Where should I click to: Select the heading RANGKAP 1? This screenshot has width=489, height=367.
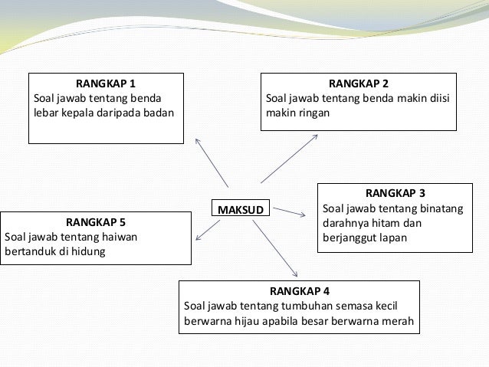pyautogui.click(x=106, y=84)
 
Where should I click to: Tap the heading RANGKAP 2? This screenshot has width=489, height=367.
pyautogui.click(x=359, y=84)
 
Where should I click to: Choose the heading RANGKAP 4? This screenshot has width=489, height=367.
pyautogui.click(x=300, y=291)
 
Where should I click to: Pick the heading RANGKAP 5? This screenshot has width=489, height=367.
pyautogui.click(x=96, y=221)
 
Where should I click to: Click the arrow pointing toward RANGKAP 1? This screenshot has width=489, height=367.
pyautogui.click(x=212, y=162)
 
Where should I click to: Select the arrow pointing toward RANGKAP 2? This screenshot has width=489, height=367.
pyautogui.click(x=290, y=159)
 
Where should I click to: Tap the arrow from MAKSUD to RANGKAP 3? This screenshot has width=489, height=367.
pyautogui.click(x=290, y=211)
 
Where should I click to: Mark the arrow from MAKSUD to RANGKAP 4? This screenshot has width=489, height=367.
pyautogui.click(x=274, y=247)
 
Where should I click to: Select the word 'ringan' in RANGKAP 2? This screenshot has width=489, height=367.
pyautogui.click(x=313, y=113)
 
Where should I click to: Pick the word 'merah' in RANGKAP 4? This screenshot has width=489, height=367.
pyautogui.click(x=399, y=322)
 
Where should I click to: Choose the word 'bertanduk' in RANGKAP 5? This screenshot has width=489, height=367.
pyautogui.click(x=30, y=251)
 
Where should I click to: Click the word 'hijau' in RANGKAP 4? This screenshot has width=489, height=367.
pyautogui.click(x=247, y=322)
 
